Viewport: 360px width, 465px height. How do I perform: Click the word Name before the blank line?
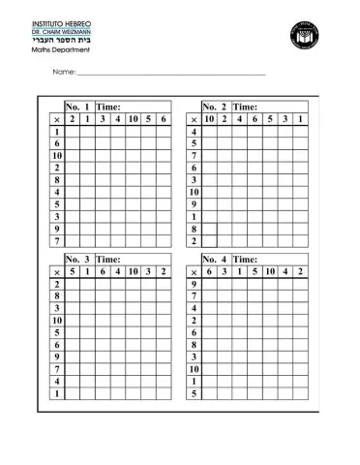tap(63, 73)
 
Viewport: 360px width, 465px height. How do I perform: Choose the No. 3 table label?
tap(77, 260)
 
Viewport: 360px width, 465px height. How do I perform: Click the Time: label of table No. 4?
tap(245, 260)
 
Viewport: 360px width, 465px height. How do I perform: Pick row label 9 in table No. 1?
tap(58, 229)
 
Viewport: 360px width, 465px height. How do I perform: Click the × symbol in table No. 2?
tap(195, 118)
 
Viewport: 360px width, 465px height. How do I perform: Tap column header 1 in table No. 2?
tap(301, 118)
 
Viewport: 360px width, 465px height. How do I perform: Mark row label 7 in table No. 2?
tap(195, 155)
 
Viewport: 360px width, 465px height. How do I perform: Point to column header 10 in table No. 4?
tap(270, 272)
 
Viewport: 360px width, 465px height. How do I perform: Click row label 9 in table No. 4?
tap(195, 285)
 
